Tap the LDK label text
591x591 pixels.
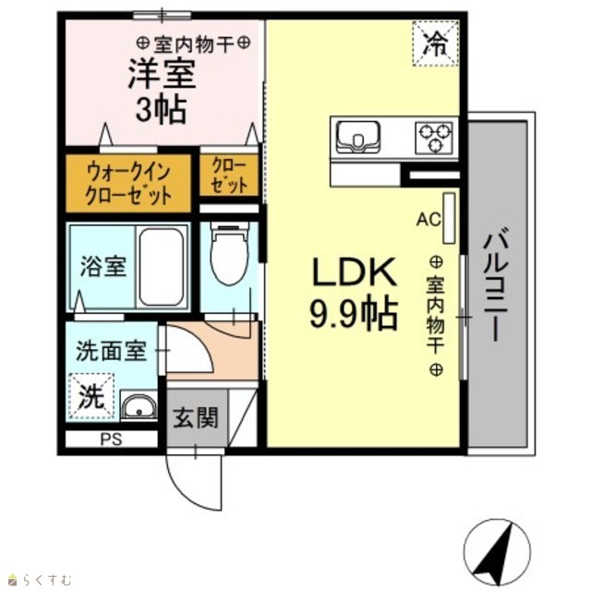[355, 271]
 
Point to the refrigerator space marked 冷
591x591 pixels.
[435, 43]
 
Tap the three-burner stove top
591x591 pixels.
[434, 138]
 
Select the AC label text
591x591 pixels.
[428, 220]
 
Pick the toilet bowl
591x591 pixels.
[230, 252]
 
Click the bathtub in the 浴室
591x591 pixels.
[162, 267]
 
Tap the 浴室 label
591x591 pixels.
[103, 267]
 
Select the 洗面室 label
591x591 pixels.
[111, 351]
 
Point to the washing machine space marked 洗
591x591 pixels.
[91, 396]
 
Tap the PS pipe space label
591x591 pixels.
[111, 440]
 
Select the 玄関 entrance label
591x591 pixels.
[196, 417]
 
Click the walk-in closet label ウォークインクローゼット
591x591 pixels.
[128, 184]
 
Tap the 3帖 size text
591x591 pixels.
[162, 110]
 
